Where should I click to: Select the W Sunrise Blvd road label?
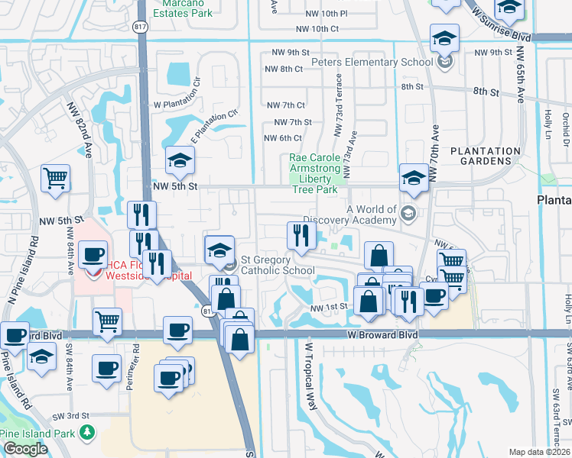tap(501, 24)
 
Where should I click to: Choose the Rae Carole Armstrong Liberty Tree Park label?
tap(314, 173)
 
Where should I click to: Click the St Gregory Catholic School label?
tap(278, 265)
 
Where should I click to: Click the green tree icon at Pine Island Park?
tap(89, 432)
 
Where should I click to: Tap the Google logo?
tap(25, 449)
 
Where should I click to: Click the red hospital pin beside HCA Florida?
tap(94, 271)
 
